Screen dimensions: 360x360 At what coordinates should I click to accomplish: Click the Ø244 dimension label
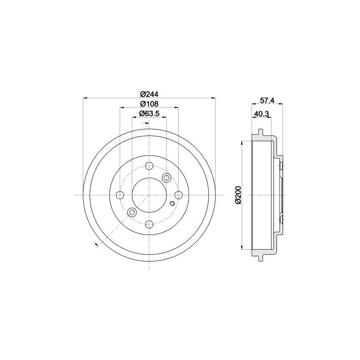149,94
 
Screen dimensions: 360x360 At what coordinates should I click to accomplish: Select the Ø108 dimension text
149,104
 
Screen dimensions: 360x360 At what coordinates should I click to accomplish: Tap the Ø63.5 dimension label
149,113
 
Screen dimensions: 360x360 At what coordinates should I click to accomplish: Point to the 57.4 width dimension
267,100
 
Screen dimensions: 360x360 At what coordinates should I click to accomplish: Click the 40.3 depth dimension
261,114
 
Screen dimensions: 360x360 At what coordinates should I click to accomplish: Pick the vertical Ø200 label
238,195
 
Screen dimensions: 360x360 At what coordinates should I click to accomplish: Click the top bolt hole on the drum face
149,165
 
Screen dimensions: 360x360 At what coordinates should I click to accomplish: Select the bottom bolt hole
149,224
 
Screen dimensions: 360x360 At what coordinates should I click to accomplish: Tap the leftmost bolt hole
120,195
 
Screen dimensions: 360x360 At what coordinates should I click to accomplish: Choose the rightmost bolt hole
178,195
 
